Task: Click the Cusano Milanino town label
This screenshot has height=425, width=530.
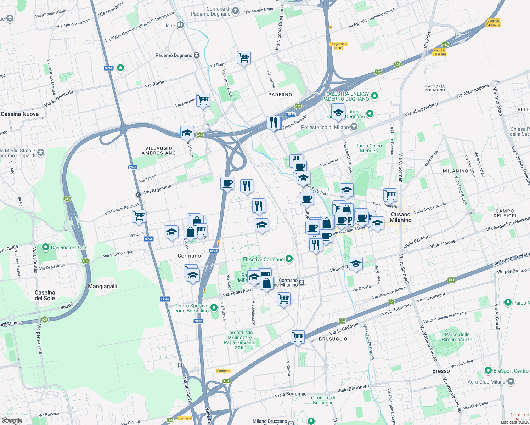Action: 401,217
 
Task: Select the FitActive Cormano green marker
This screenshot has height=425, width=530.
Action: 289,259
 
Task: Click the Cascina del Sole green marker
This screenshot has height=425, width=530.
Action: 45,247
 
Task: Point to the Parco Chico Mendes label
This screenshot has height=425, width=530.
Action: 368,148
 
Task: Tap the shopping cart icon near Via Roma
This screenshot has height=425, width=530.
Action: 244,57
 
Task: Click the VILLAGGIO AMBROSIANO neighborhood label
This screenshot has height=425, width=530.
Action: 159,151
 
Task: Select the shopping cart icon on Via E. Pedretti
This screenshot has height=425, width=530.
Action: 390,195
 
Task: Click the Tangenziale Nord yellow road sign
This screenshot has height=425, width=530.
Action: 338,46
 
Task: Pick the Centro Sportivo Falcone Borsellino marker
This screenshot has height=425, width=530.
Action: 214,307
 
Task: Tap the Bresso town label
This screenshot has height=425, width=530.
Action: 441,371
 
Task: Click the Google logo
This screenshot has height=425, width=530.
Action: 12,420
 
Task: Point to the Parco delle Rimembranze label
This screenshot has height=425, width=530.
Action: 457,337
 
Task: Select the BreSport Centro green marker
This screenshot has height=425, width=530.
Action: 488,370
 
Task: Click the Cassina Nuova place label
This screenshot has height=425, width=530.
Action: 20,114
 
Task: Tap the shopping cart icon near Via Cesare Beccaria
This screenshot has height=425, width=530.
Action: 139,216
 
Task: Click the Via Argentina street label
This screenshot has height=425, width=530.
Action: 157,189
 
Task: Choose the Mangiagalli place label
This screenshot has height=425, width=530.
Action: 102,286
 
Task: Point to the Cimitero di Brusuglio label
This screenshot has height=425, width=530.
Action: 323,400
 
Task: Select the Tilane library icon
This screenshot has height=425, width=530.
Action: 180,25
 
